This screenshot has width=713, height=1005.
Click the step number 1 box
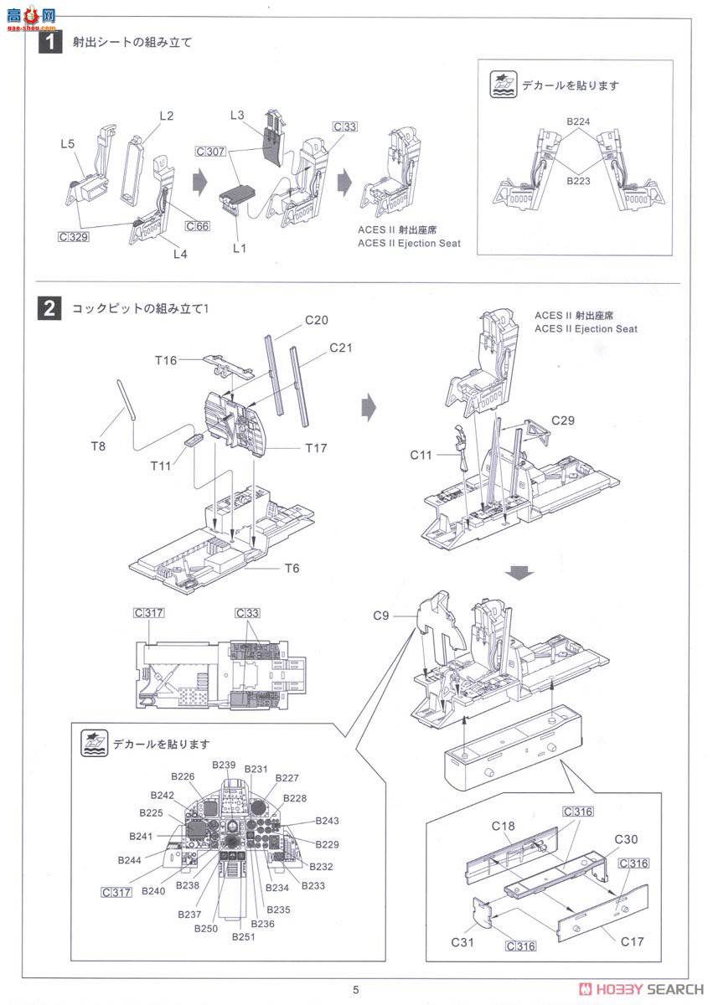50,40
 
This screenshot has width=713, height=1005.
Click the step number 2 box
50,307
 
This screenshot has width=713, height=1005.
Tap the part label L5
68,143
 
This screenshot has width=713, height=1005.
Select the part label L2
165,116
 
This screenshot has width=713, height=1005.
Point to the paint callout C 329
74,237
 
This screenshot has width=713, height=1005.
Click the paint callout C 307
210,152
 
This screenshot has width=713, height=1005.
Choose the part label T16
166,360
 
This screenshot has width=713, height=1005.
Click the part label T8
99,446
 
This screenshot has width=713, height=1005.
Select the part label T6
292,568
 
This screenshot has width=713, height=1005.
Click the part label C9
381,616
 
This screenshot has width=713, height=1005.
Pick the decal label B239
224,764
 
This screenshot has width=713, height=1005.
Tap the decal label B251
244,936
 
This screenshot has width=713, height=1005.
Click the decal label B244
130,860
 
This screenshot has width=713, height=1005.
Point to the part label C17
633,941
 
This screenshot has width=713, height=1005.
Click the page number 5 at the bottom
355,990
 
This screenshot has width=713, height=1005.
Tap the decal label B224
577,122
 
